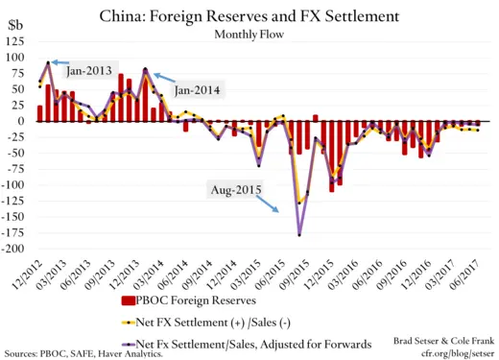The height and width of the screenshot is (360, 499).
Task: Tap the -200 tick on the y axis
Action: point(16,249)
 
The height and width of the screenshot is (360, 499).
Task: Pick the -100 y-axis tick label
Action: point(16,185)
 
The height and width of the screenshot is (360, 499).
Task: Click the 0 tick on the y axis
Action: point(25,122)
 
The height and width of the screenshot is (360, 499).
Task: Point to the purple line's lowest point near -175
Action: point(299,234)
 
